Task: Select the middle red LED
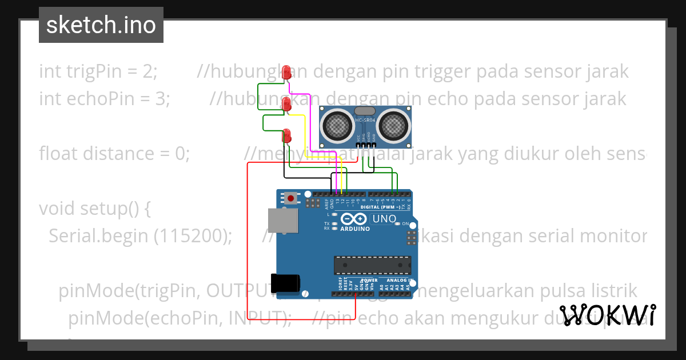coord(287,103)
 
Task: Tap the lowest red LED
coord(287,135)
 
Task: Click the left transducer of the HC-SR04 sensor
coord(338,124)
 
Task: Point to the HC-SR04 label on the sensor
coord(365,121)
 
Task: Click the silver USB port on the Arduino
coord(282,221)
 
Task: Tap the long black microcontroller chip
coord(372,264)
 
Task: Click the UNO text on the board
coord(385,219)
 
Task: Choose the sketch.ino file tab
coord(101,25)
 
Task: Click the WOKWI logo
coord(608,315)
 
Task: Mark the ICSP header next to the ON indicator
coord(410,235)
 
